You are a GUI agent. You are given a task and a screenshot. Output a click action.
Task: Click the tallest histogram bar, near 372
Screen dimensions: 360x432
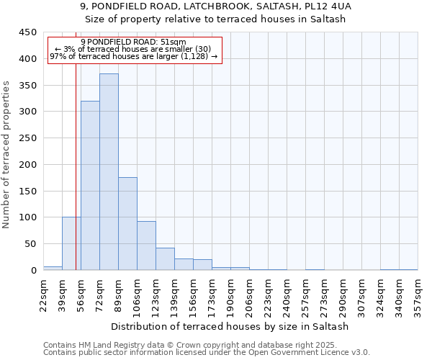pyautogui.click(x=109, y=173)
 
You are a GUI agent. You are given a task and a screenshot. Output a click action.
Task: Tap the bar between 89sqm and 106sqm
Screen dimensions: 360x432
pyautogui.click(x=127, y=224)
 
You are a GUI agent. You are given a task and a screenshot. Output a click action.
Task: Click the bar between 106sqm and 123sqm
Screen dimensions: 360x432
pyautogui.click(x=146, y=246)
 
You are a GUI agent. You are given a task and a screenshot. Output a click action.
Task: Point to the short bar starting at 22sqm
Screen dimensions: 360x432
pyautogui.click(x=53, y=268)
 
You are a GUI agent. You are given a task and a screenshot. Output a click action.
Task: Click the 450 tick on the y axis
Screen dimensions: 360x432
pyautogui.click(x=28, y=32)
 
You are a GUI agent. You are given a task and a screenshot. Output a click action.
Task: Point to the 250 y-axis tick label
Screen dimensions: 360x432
pyautogui.click(x=28, y=138)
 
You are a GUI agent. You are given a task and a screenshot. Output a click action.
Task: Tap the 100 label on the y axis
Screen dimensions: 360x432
pyautogui.click(x=28, y=217)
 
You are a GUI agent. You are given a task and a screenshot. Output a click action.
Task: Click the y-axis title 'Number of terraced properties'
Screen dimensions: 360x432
pyautogui.click(x=7, y=154)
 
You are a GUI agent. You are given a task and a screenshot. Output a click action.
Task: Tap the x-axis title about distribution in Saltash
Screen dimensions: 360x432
pyautogui.click(x=230, y=326)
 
